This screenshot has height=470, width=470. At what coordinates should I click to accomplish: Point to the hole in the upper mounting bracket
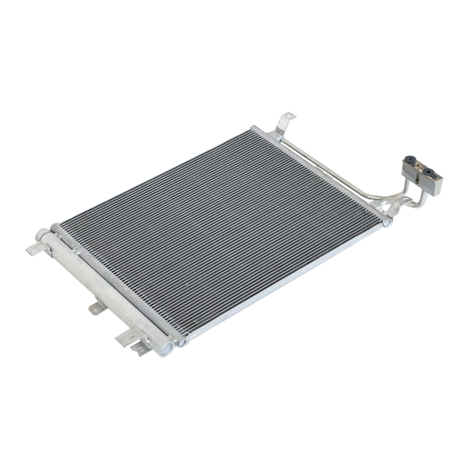coord(286,120)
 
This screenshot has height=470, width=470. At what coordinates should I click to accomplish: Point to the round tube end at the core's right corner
coord(387,221)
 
